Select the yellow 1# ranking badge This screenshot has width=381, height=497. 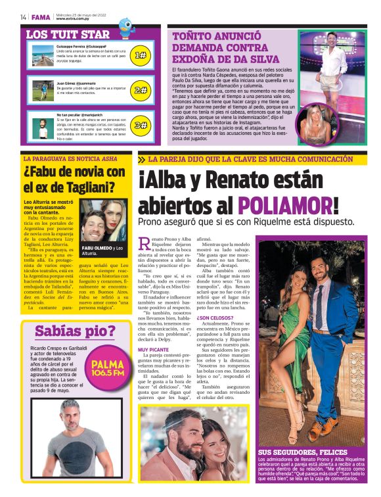coord(140,55)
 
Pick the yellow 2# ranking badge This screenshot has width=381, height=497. coord(140,90)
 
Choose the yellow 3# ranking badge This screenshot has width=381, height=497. coord(140,125)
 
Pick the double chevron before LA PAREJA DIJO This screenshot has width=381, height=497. coord(142,160)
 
